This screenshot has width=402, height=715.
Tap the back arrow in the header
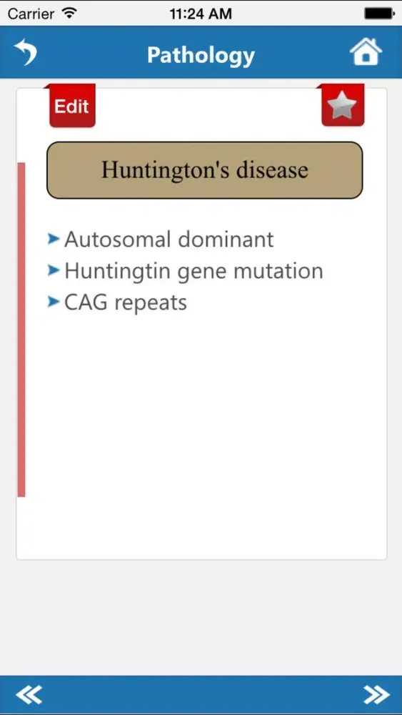click(26, 53)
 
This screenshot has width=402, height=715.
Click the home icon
click(366, 52)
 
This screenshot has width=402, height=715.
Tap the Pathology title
click(201, 55)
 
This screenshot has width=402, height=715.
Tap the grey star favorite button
click(342, 107)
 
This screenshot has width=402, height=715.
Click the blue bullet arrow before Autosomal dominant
click(54, 239)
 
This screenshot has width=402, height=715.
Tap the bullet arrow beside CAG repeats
click(54, 302)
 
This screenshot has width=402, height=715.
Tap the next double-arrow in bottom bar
click(376, 694)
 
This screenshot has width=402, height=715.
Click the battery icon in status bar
click(378, 14)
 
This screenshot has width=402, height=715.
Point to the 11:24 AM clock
click(200, 14)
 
